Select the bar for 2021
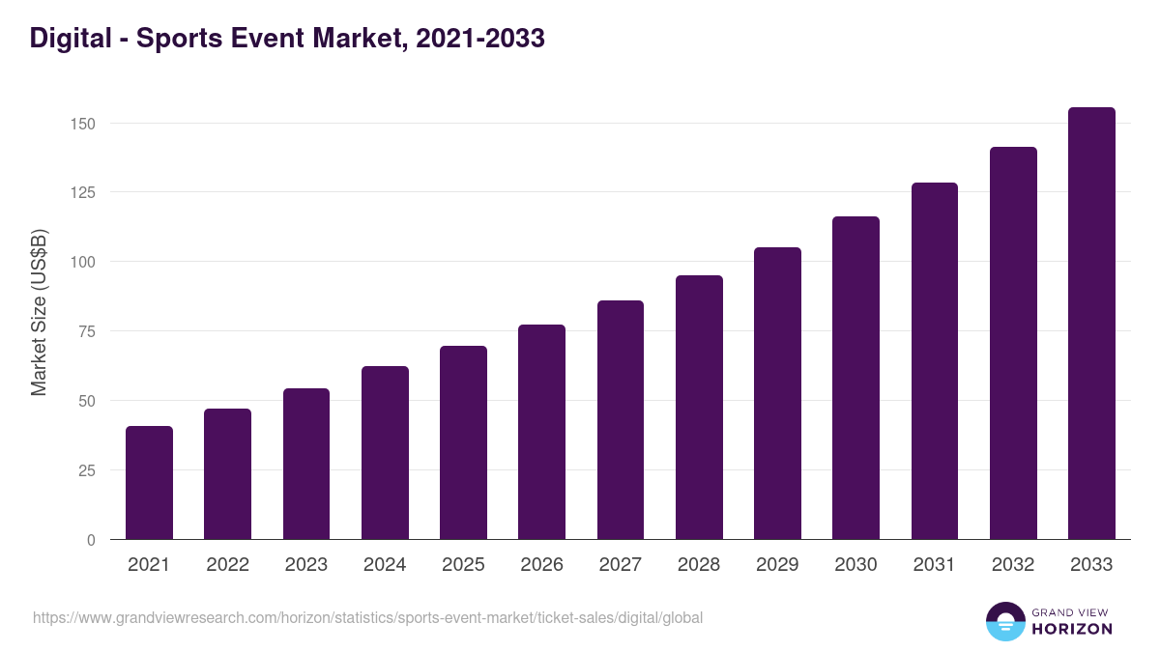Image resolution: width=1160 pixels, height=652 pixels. (149, 483)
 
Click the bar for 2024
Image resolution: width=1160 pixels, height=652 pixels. (385, 453)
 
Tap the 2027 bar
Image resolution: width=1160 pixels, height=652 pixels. (621, 420)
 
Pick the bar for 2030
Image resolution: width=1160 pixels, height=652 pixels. (855, 378)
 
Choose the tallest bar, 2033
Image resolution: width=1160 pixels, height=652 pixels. (1091, 324)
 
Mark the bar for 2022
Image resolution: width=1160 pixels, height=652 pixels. (227, 474)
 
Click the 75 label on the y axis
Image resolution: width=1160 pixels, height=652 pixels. (87, 331)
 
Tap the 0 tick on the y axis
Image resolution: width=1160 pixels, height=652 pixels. (91, 540)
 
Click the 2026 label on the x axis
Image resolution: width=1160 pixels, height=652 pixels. (541, 565)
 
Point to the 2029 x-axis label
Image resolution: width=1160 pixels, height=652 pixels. (777, 565)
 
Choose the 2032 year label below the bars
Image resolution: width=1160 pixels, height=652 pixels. (1013, 565)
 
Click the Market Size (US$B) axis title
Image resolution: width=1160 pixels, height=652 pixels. (39, 312)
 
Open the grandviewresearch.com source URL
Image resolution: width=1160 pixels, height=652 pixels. (367, 617)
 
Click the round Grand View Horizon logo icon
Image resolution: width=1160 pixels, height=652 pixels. (1005, 621)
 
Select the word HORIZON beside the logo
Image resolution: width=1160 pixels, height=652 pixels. (1073, 629)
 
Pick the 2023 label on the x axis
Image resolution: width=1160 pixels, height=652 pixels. (306, 565)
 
